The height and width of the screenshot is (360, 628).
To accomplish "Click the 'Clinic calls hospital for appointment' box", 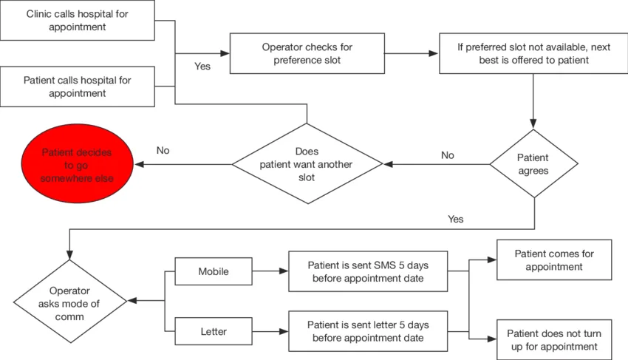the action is click(x=78, y=20).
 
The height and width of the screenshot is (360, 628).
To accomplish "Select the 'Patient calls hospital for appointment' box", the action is click(x=78, y=86).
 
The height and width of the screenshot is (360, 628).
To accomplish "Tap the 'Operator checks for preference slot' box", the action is click(x=307, y=53).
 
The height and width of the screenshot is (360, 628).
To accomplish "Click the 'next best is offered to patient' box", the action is click(x=533, y=53).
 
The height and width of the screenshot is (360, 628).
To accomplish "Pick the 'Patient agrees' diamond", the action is click(x=533, y=163).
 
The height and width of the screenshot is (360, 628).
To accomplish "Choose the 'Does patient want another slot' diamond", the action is click(x=307, y=163).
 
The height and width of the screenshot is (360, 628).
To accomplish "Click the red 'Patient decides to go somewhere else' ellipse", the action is click(x=78, y=163).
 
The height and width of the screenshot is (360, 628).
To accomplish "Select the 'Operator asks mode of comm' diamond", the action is click(x=69, y=302).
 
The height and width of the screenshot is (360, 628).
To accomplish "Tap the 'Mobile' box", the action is click(x=214, y=271).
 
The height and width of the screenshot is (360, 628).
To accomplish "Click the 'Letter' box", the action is click(x=214, y=331).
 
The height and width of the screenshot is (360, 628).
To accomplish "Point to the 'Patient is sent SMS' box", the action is click(x=368, y=271).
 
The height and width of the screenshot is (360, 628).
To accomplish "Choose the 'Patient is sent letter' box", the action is click(x=368, y=331).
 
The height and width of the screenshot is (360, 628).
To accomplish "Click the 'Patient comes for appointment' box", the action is click(x=554, y=259).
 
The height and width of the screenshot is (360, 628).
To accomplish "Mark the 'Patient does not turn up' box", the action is click(x=554, y=339).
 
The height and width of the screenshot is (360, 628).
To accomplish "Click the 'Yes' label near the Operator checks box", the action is click(x=202, y=66).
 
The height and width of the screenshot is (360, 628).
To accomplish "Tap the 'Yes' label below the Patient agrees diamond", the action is click(x=456, y=219).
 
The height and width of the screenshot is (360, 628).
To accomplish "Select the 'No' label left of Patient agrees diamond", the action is click(x=448, y=155).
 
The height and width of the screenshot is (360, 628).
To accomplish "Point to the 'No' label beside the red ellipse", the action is click(x=163, y=150).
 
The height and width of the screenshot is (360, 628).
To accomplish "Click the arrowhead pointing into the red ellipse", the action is click(x=140, y=164).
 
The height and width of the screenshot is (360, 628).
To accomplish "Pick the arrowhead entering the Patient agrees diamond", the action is click(x=533, y=123).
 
